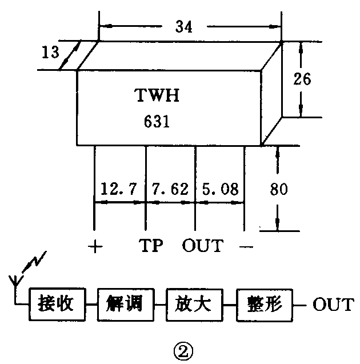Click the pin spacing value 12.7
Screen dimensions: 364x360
[118, 189]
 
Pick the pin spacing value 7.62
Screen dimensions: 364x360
[170, 189]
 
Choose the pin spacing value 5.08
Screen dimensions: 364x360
[219, 189]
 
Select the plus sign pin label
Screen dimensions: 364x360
[95, 247]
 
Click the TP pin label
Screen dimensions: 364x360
[151, 247]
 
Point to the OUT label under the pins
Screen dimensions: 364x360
[202, 247]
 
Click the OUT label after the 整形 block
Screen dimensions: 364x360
[333, 304]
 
